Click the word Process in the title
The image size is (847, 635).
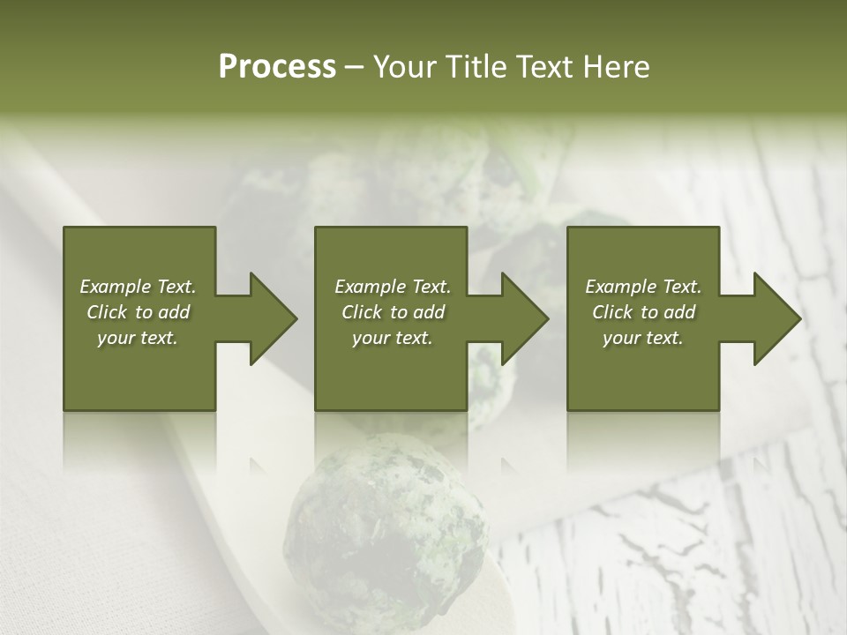[x=277, y=67]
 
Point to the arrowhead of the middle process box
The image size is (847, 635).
[x=524, y=318]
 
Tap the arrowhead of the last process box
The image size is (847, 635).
[x=776, y=318]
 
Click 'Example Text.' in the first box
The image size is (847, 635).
[x=138, y=287]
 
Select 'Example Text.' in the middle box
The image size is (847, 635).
[x=392, y=287]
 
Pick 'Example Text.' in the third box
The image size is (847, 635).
[x=643, y=287]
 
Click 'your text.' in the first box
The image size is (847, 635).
[x=138, y=338]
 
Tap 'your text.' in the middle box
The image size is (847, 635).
[x=392, y=338]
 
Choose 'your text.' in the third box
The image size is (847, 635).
[x=643, y=338]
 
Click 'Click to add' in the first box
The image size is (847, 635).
[x=138, y=312]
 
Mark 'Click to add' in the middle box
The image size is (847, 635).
[x=392, y=312]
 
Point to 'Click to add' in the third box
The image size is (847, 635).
[x=643, y=312]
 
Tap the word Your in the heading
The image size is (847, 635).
[x=406, y=67]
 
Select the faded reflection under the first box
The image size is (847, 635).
[x=139, y=441]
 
